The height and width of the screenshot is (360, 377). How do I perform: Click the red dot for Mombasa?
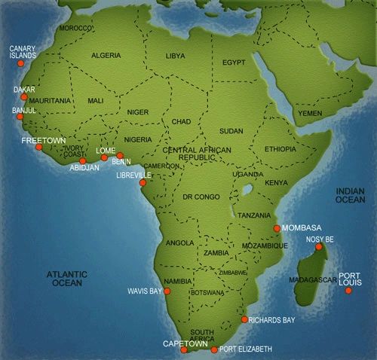click(x=277, y=228)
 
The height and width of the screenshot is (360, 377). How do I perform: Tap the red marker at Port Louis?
click(x=348, y=291)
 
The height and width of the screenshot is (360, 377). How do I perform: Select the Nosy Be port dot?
click(x=319, y=246)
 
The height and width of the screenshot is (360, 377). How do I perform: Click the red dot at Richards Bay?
click(x=244, y=319)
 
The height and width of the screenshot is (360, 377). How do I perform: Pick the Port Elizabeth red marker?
click(x=214, y=349)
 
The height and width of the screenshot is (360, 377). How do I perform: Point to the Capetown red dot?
click(x=183, y=349)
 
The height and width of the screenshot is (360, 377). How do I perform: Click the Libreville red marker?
click(x=143, y=182)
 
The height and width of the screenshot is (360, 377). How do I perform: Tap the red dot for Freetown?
click(x=39, y=147)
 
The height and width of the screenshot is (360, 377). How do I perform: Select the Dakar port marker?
click(x=24, y=97)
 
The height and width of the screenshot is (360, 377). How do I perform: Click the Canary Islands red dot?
click(x=20, y=63)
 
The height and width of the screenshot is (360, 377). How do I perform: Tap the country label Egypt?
click(x=234, y=62)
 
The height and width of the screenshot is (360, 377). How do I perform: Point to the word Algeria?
click(x=106, y=56)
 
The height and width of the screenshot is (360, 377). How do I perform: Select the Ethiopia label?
click(x=280, y=149)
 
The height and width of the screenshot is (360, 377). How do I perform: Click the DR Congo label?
click(x=201, y=197)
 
